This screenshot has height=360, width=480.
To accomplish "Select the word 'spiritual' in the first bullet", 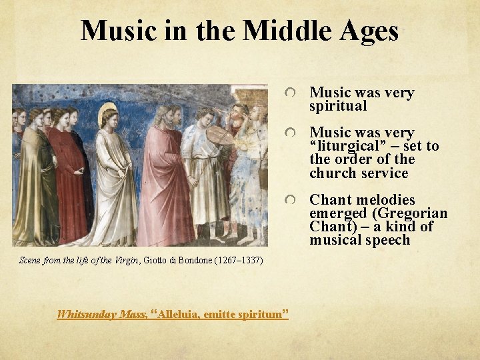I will click(338, 106).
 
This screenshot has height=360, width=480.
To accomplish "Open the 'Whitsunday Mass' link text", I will click(102, 313).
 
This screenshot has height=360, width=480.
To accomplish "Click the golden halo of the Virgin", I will click(107, 113).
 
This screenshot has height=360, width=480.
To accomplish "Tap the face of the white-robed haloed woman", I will click(109, 121).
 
